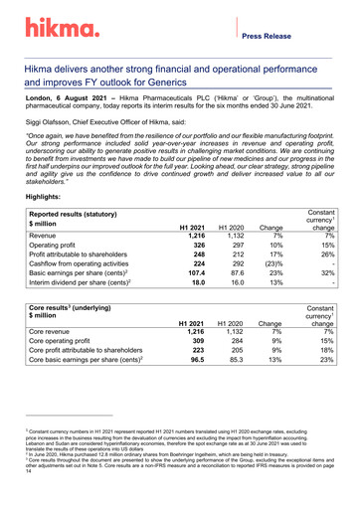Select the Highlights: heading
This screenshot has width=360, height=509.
[x=49, y=198]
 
